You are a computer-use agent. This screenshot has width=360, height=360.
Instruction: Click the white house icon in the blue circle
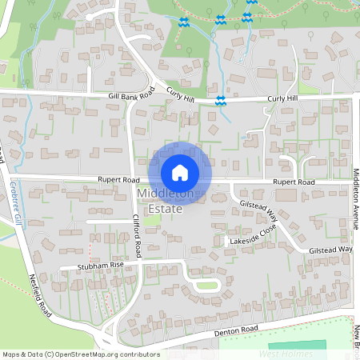(x=180, y=172)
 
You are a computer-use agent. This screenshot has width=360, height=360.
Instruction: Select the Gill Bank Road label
(x=130, y=96)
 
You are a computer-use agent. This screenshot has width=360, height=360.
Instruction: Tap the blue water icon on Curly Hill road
(x=219, y=99)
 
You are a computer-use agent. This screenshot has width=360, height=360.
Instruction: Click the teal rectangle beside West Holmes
(x=313, y=346)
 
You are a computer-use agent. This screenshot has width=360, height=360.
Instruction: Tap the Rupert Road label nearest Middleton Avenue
(x=294, y=182)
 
